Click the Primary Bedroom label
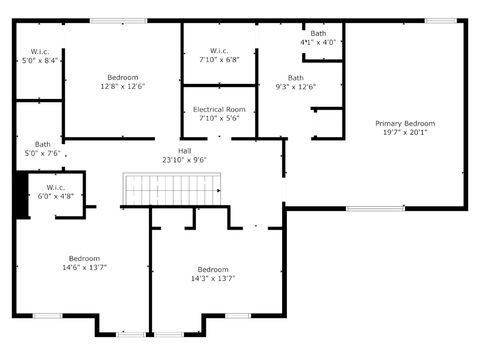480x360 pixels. point(405,123)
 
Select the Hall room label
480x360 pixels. point(185,150)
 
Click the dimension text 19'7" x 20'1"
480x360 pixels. point(405,132)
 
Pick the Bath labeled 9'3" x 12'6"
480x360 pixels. point(296,78)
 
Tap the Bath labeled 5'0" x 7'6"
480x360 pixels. point(42,144)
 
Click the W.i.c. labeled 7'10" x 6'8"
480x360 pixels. point(219,51)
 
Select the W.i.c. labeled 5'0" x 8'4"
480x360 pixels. point(40,51)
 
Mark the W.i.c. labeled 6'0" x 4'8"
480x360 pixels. point(55,187)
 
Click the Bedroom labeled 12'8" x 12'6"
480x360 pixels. point(123,77)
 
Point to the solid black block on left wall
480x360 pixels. point(21,195)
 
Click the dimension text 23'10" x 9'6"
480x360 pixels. point(185,159)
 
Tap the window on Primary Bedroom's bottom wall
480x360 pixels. point(375,208)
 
